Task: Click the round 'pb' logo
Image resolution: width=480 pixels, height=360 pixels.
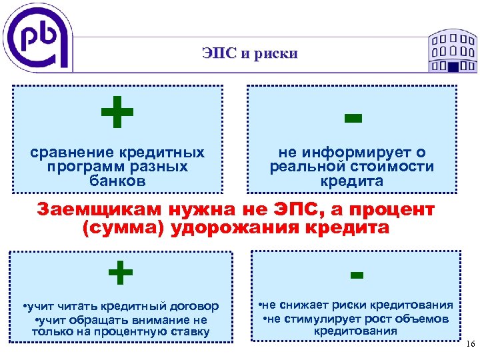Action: [x=39, y=39]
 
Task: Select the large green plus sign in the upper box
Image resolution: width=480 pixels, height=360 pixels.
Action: [x=117, y=113]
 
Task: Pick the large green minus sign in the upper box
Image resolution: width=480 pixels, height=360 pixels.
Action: [x=353, y=119]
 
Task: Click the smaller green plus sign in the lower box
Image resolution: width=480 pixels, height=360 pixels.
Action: [x=120, y=272]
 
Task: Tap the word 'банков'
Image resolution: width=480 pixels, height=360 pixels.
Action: [x=117, y=181]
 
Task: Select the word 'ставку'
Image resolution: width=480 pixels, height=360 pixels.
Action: [x=187, y=331]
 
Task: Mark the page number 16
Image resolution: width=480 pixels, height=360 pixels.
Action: [x=468, y=344]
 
